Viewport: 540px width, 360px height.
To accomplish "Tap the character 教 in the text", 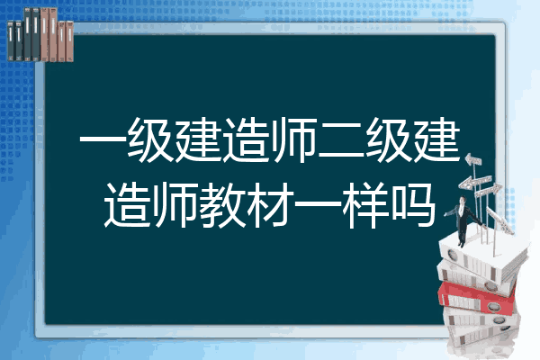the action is [x=222, y=205].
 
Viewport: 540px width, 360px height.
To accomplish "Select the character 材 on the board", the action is [x=270, y=205].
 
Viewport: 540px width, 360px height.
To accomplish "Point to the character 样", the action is [x=365, y=205].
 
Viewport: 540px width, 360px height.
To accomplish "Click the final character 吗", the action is [x=413, y=205].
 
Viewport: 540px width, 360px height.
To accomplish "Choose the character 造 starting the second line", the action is [x=128, y=205].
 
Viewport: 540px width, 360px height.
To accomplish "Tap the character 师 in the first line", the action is [x=293, y=139].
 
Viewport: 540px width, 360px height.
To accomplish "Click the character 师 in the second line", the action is [x=175, y=205].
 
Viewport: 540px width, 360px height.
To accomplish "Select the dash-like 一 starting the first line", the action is [x=103, y=139].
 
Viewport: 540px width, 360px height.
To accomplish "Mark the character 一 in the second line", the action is [x=318, y=205].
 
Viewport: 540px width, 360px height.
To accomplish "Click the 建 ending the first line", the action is [x=436, y=139].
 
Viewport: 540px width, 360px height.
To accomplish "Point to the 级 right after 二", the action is [x=389, y=139].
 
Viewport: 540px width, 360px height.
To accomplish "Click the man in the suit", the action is [x=463, y=221].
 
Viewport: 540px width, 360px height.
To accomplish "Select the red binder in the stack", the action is [x=477, y=298].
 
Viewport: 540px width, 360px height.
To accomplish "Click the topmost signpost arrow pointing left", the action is [x=472, y=160].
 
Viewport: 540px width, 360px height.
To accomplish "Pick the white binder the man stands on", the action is [x=482, y=256].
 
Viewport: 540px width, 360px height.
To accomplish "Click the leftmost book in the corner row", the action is [x=11, y=40].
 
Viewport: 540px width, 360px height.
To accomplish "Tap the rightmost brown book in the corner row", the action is [x=69, y=41].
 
